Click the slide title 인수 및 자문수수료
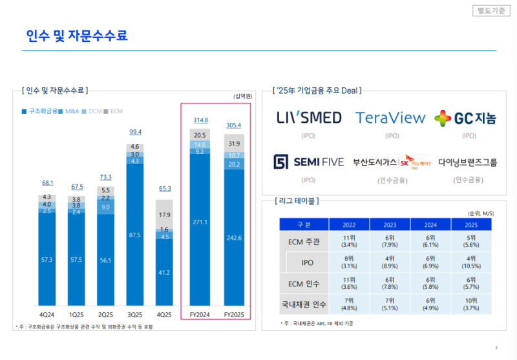(77, 36)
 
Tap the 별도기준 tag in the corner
(492, 10)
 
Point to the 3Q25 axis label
(135, 315)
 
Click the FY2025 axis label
(234, 315)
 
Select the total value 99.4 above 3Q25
(135, 132)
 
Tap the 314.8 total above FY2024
(200, 120)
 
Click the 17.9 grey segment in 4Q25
(164, 215)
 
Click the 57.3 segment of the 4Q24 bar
(47, 259)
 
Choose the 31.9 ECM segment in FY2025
(234, 143)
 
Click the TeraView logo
(391, 118)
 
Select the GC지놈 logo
(465, 118)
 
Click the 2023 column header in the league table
(389, 224)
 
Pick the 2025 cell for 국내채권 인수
(470, 303)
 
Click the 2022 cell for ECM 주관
(348, 242)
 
